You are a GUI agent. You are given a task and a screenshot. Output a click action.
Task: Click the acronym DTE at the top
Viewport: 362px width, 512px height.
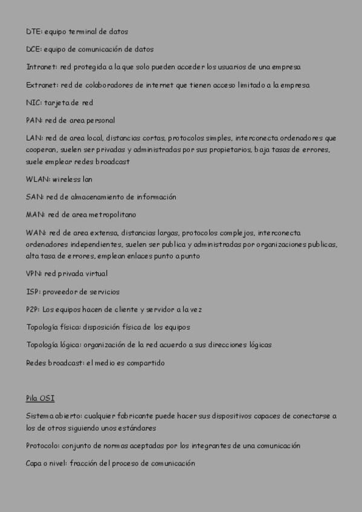[33, 31]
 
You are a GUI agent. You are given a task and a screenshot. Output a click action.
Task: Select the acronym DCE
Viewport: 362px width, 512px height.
[33, 50]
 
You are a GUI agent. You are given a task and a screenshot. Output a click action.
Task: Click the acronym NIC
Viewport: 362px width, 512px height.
[33, 103]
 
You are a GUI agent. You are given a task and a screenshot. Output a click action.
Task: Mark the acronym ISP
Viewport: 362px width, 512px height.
[33, 292]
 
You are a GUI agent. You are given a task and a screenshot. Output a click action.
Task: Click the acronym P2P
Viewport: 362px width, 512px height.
[33, 309]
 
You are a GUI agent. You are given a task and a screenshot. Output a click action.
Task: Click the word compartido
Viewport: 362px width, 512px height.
[144, 363]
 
